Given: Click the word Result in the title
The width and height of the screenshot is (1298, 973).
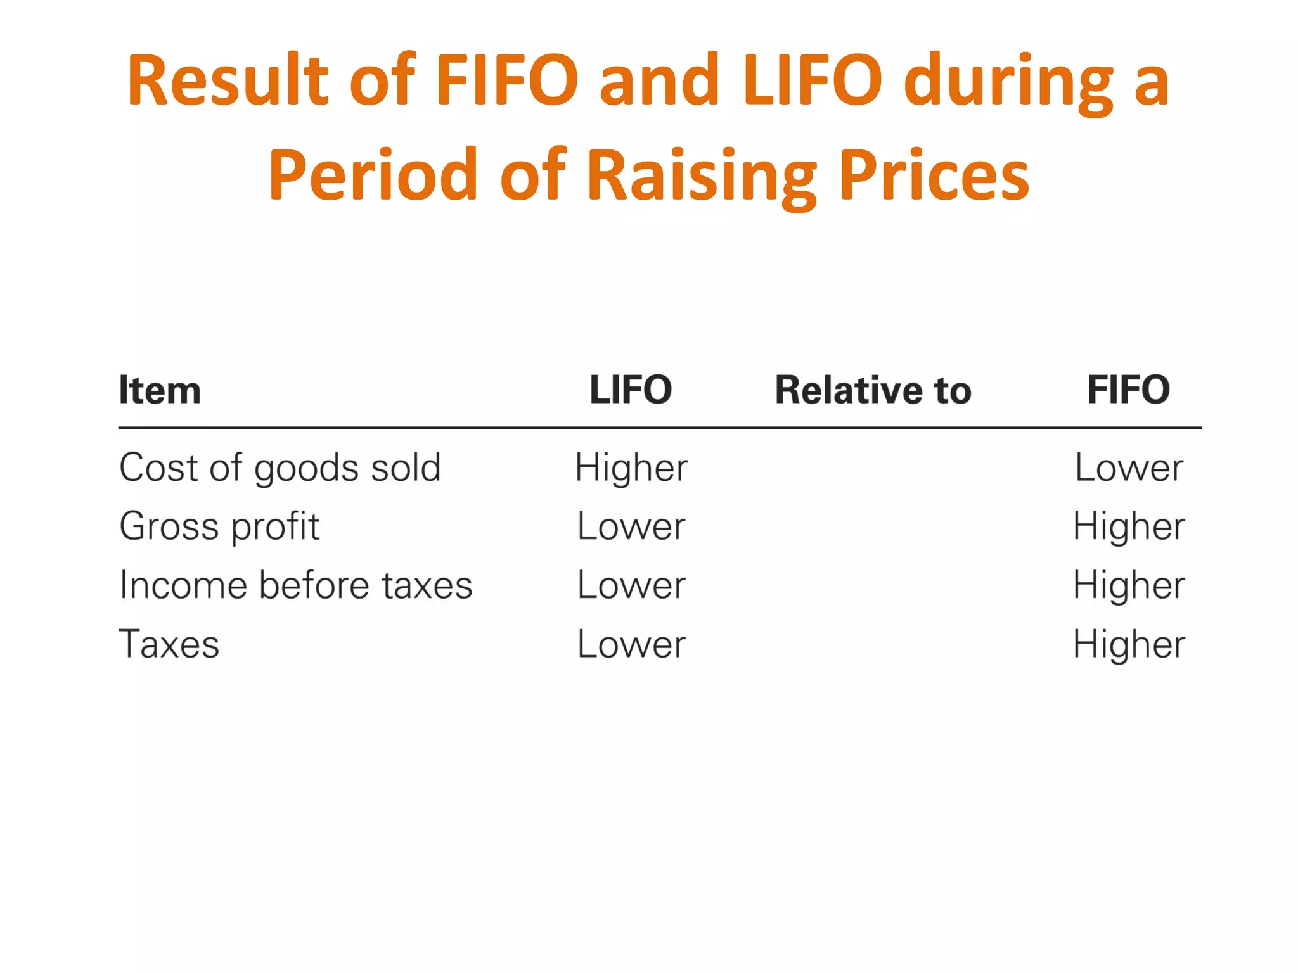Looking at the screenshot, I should pos(227,80).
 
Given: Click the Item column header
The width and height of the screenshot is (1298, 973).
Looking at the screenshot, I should pos(160,390).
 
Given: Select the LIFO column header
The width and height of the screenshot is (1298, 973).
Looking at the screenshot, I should pos(631,390).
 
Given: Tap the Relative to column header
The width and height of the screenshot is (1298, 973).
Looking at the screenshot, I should pos(873,390).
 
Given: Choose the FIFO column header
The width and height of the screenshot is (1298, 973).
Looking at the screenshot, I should pos(1128,390).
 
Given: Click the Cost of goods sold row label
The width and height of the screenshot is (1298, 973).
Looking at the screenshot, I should pos(280,468).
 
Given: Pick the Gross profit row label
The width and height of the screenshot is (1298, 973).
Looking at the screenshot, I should pos(219,526).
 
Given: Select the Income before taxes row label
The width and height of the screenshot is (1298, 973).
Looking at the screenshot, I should pos(296,585).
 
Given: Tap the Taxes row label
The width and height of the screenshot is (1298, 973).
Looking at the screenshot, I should pos(169,644).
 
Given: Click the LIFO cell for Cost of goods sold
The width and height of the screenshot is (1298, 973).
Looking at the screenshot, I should pos(631,468).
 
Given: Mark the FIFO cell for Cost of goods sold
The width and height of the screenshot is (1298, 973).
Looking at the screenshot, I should pos(1129,468).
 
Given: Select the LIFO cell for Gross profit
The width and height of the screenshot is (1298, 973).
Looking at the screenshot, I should pos(631,526).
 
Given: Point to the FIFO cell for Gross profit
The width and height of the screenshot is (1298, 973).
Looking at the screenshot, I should pos(1129,526).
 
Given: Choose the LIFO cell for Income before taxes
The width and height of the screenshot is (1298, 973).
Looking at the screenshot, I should pos(631,585).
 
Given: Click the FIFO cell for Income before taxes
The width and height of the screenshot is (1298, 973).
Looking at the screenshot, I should pos(1129,585).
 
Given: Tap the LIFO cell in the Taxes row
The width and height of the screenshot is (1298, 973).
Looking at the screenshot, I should pos(631,644).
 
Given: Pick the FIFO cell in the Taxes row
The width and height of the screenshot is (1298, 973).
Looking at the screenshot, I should pos(1129,644).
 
